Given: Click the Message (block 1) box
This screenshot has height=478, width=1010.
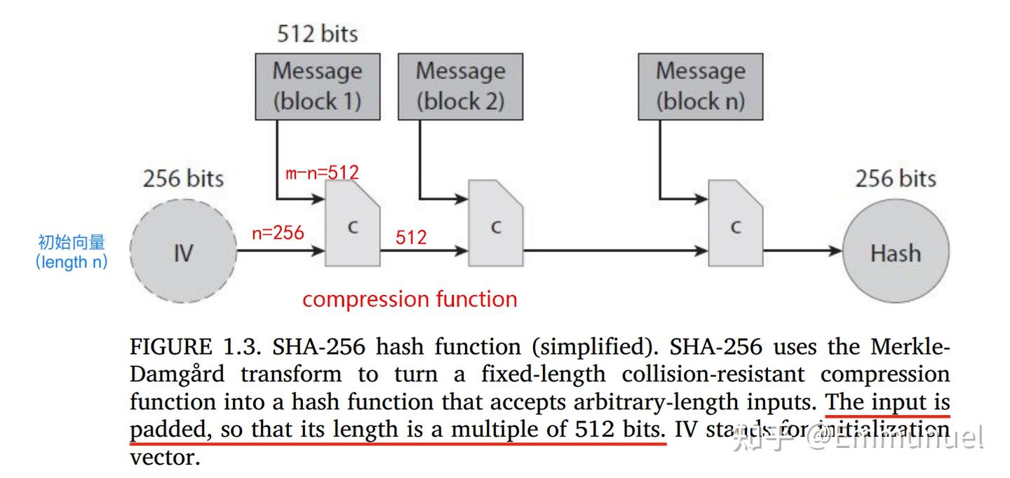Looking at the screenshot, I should pos(317,86).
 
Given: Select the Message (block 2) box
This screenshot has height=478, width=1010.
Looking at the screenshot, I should pos(460,86).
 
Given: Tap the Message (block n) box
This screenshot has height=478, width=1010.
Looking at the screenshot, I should pos(700,86).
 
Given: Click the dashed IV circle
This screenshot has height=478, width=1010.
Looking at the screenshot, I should pos(183,252).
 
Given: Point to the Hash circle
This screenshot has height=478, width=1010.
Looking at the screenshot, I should pos(895,252).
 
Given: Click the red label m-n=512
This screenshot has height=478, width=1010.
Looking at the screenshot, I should pos(321,172).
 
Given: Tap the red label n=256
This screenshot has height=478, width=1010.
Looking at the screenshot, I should pos(278,233).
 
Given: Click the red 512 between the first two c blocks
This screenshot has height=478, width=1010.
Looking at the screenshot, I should pos(411,237).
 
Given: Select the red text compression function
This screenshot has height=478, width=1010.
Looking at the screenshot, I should pos(410,299).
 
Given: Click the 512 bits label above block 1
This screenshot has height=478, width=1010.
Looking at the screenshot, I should pos(317,34).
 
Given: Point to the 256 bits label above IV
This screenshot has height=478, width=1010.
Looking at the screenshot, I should pos(183,178).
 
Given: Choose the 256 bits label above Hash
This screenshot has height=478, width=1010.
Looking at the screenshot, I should pos(895,178).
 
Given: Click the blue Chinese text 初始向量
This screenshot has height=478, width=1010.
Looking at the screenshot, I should pos(72,243).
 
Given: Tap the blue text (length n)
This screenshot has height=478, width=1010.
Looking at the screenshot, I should pos(72,263).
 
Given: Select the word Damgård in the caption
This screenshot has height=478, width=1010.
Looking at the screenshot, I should pos(177,374).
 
